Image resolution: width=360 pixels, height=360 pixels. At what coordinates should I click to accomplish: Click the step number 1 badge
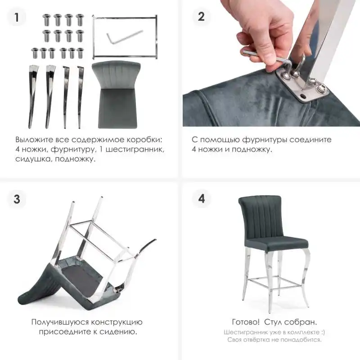[x=17, y=17]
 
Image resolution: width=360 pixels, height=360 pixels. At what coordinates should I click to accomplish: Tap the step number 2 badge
[x=201, y=17]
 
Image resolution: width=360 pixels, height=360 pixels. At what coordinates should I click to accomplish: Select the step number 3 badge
[x=17, y=199]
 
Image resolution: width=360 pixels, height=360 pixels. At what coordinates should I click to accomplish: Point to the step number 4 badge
[x=201, y=198]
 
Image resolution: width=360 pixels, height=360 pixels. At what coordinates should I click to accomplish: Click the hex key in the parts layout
[x=124, y=37]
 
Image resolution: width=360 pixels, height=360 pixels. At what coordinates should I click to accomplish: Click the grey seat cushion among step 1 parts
[x=117, y=94]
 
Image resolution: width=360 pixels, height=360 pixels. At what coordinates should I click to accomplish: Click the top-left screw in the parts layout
[x=47, y=20]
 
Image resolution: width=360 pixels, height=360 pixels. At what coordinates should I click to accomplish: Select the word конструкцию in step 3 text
[x=117, y=322]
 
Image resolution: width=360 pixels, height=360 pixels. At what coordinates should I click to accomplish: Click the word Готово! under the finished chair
[x=246, y=322]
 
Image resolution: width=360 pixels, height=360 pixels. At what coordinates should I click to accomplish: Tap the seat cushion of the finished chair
[x=276, y=244]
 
